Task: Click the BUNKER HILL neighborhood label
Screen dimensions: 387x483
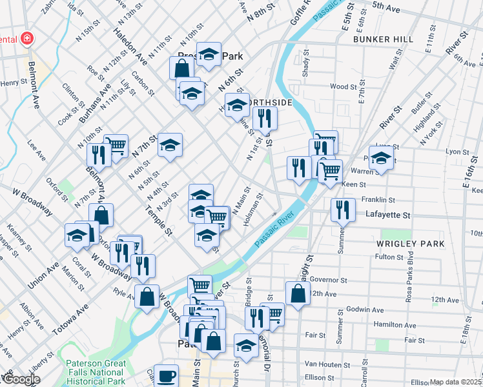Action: pos(383,39)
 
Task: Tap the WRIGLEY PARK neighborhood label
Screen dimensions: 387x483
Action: pos(413,244)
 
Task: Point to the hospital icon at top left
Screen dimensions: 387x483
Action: pos(26,38)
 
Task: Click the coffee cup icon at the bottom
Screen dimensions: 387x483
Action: pos(167,375)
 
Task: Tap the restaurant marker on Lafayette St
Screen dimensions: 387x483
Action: pos(342,210)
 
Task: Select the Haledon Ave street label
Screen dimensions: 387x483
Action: pos(130,43)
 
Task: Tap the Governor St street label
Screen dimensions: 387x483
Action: pos(329,281)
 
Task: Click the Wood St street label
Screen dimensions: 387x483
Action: pos(343,86)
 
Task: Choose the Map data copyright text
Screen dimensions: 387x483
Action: pos(455,382)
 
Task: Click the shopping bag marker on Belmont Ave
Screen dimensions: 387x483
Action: pos(101,215)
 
